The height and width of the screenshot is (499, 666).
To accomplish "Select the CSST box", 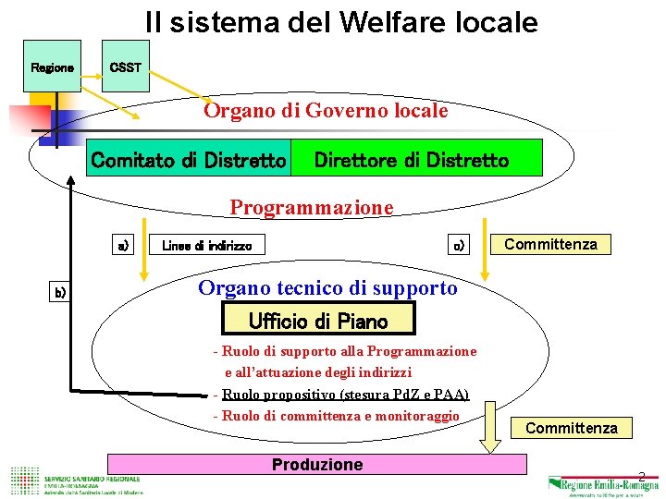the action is [x=125, y=67].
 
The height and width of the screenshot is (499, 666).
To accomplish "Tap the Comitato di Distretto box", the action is [x=188, y=161].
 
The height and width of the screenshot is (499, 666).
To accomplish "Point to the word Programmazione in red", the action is [x=312, y=207].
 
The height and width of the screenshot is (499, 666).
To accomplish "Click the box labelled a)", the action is [x=123, y=245].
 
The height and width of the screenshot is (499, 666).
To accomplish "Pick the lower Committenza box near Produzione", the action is [x=571, y=428].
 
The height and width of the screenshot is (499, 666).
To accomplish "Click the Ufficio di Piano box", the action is [x=318, y=320].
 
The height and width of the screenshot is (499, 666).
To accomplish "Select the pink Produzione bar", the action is [x=316, y=464].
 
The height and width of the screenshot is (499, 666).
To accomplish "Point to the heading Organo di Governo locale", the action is [x=326, y=111].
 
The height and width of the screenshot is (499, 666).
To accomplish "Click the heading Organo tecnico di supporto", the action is [x=327, y=287].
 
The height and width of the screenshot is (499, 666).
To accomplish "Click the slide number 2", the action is [x=641, y=476].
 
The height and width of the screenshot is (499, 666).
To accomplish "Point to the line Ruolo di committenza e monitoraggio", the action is [x=337, y=416].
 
